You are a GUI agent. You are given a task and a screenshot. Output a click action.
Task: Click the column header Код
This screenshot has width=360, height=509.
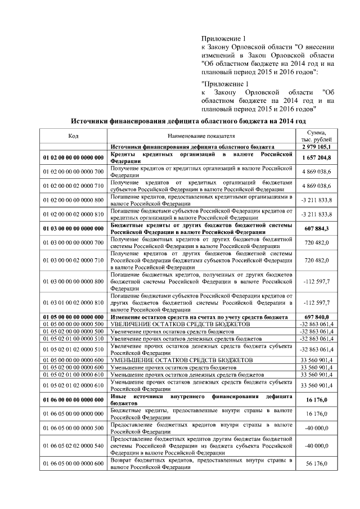pos(73,136)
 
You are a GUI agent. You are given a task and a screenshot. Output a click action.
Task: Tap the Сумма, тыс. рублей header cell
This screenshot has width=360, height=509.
pos(318,136)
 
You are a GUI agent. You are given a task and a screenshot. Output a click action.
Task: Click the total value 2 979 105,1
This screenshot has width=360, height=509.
pos(318,146)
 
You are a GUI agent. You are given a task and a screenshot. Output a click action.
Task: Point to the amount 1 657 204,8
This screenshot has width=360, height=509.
pos(318,157)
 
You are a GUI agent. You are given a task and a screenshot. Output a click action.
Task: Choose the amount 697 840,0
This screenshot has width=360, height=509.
pos(318,317)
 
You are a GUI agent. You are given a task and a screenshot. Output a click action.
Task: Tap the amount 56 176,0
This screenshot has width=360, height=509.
pos(318,463)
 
